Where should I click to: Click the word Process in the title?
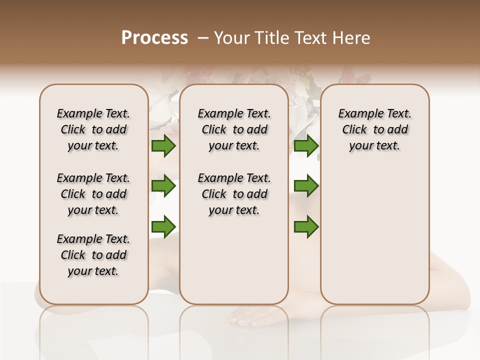[x=154, y=37]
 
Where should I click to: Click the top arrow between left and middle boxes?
[x=163, y=146]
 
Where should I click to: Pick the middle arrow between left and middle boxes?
[x=163, y=186]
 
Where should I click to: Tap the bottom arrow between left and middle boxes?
[x=163, y=226]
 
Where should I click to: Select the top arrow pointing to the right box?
[x=306, y=146]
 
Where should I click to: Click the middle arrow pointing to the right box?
[x=306, y=186]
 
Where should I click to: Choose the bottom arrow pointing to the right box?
[x=306, y=226]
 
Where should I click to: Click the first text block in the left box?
[x=93, y=129]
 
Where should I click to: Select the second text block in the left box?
[x=93, y=194]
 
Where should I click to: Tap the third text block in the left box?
[x=93, y=255]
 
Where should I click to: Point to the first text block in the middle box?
[x=234, y=129]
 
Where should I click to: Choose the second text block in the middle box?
[x=234, y=194]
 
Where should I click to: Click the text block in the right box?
[x=375, y=129]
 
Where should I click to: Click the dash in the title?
[x=203, y=38]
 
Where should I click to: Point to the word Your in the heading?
[x=231, y=38]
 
